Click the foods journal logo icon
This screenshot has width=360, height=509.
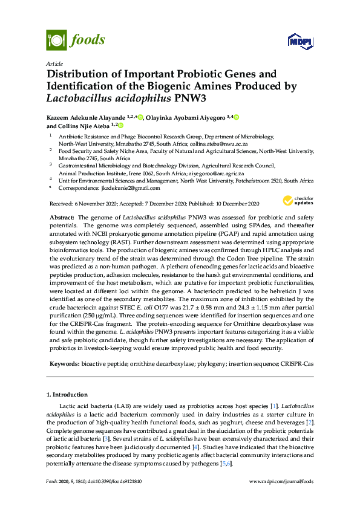point(56,41)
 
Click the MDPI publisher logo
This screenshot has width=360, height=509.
point(301,42)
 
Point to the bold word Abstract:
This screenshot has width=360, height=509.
point(62,216)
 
